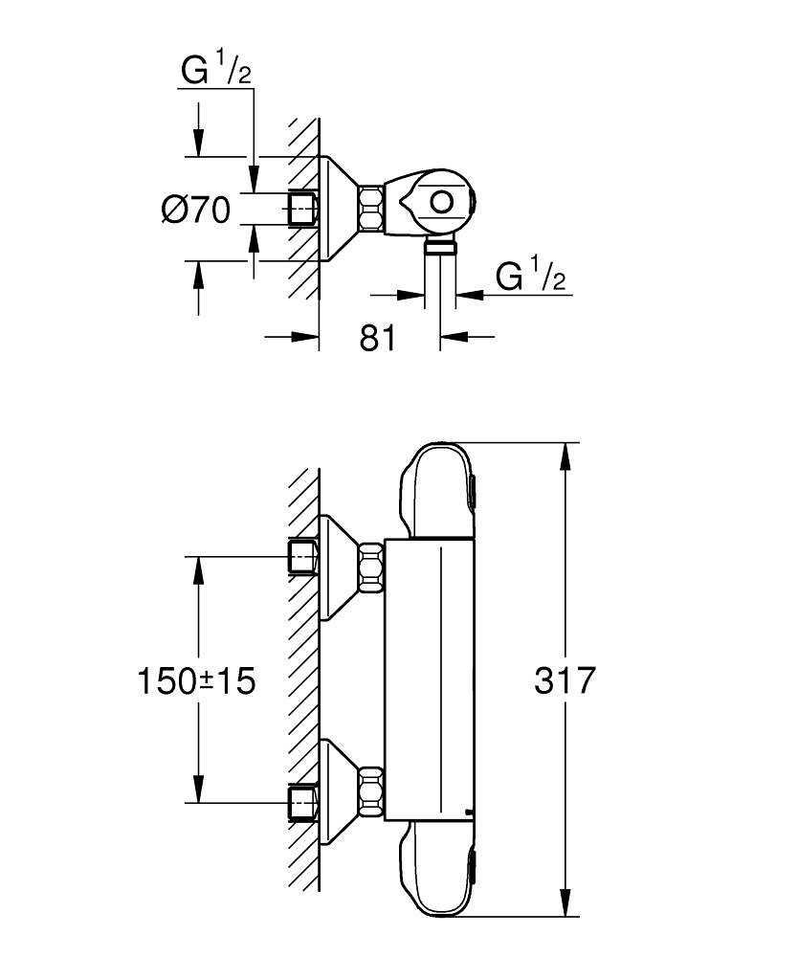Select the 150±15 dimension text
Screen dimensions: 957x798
coord(196,681)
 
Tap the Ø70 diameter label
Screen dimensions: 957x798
coord(196,209)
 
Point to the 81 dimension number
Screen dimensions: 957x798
coord(378,337)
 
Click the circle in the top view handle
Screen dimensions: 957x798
coord(442,203)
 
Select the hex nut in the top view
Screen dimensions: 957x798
coord(371,210)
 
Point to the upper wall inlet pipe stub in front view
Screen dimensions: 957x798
coord(303,556)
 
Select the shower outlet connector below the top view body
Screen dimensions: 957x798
coord(440,248)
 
